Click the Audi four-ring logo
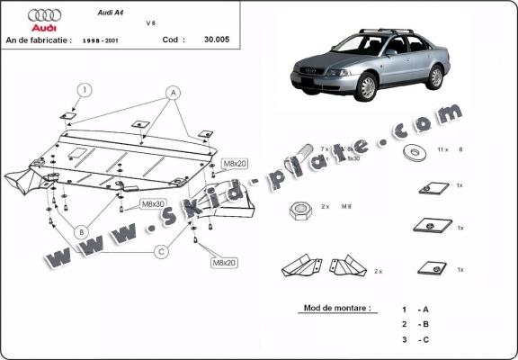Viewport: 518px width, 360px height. tap(44, 15)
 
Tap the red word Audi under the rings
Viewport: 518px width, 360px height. tap(43, 28)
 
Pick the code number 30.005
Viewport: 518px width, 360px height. tap(216, 40)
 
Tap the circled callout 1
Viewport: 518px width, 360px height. tap(84, 89)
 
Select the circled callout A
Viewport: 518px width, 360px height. tap(172, 93)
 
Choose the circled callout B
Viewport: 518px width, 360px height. tap(81, 231)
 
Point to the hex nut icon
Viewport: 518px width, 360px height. tap(299, 211)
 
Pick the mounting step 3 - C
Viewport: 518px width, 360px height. tap(415, 338)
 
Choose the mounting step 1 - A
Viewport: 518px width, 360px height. tap(415, 309)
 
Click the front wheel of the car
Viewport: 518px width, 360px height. tap(366, 88)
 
